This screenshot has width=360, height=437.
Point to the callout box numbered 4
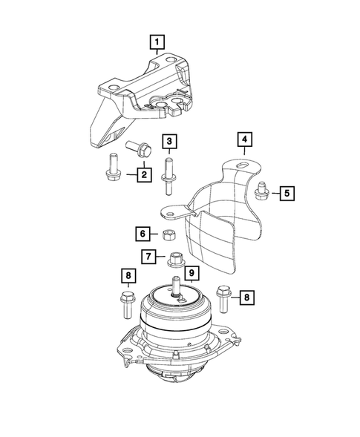click(x=243, y=139)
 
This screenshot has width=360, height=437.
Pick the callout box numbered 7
click(x=149, y=257)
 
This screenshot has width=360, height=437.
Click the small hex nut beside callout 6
click(x=168, y=235)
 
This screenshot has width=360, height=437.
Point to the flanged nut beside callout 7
click(x=175, y=260)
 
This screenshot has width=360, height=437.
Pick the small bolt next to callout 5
click(x=261, y=191)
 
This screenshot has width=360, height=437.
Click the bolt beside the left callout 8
click(x=124, y=304)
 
